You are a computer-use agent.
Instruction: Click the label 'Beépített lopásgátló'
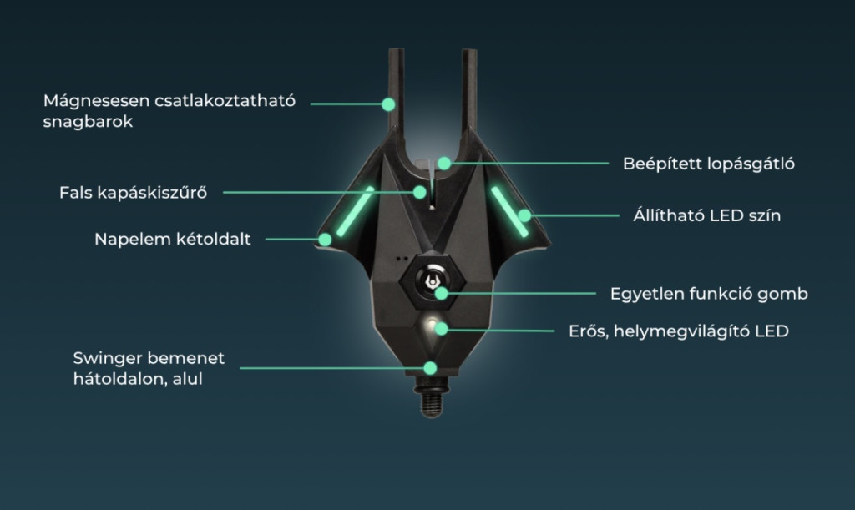pyautogui.click(x=708, y=164)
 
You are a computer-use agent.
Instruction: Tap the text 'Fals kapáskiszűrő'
pyautogui.click(x=134, y=193)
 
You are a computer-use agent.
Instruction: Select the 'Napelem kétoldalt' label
pyautogui.click(x=172, y=240)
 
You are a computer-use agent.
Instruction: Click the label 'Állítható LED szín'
pyautogui.click(x=707, y=216)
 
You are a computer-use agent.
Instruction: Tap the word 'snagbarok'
pyautogui.click(x=89, y=122)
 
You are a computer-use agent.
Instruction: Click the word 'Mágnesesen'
pyautogui.click(x=95, y=101)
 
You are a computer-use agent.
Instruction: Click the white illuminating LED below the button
pyautogui.click(x=431, y=324)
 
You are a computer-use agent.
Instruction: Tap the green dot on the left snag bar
pyautogui.click(x=388, y=104)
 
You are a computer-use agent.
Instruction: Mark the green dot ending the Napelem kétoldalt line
pyautogui.click(x=324, y=240)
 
